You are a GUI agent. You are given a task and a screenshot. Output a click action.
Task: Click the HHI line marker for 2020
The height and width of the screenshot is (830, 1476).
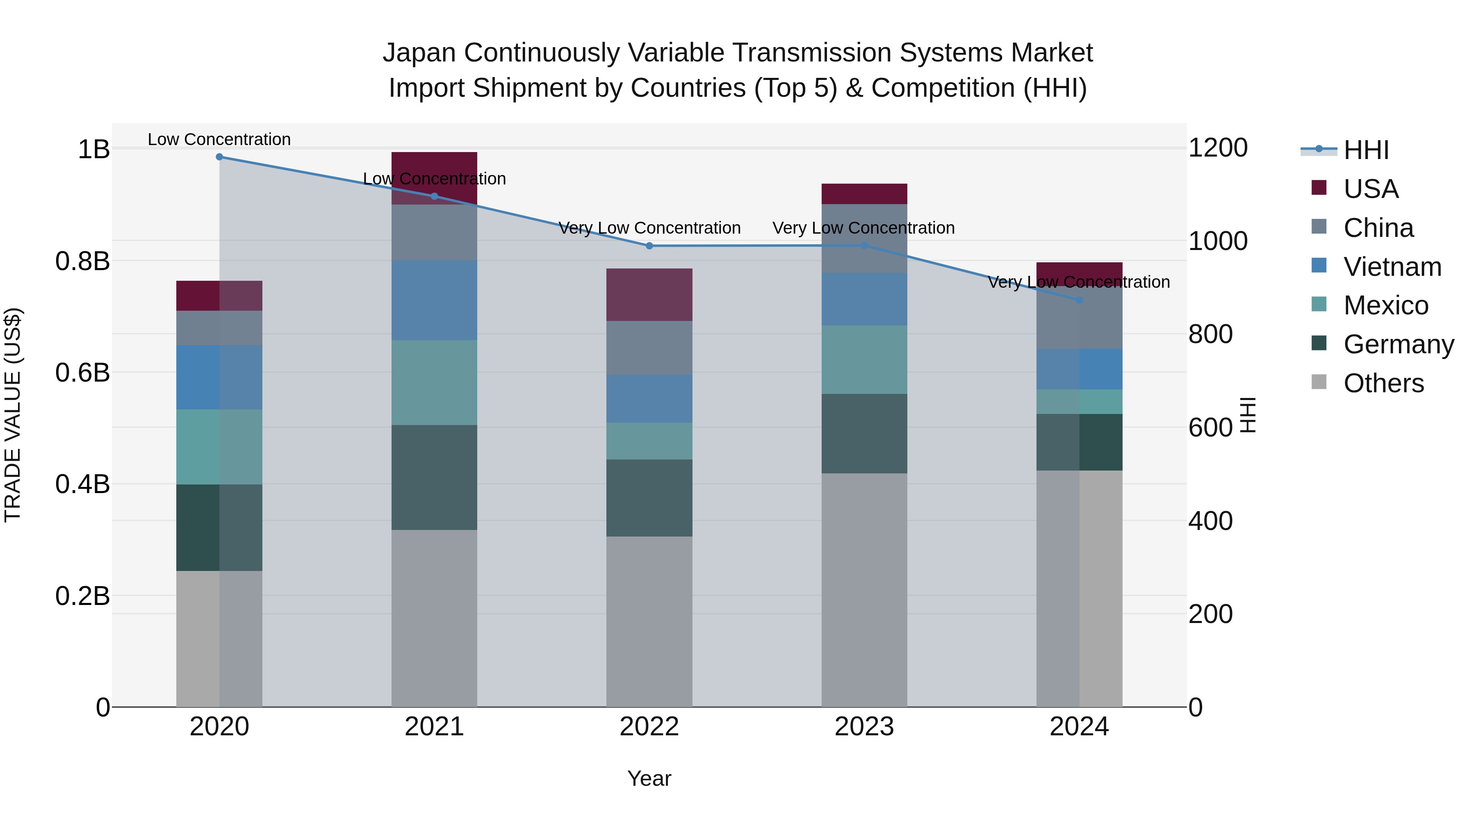tap(219, 157)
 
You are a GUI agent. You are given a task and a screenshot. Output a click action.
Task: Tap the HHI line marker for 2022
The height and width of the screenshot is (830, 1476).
tap(649, 246)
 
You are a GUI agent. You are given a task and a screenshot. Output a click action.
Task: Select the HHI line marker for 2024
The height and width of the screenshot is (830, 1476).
tap(1080, 300)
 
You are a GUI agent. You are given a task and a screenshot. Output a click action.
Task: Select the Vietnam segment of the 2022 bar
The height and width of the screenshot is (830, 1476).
tap(649, 399)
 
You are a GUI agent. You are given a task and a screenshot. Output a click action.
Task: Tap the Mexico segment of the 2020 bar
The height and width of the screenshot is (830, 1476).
tap(219, 447)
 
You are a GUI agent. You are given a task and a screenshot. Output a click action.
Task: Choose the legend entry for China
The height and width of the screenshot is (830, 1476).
tap(1378, 228)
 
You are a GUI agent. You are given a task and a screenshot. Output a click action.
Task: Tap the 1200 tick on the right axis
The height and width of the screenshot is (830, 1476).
tap(1218, 148)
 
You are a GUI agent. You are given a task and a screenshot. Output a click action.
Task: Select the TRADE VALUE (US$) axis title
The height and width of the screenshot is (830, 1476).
tap(13, 415)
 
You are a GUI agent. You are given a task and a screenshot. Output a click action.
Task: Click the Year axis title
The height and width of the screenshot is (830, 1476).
tap(649, 778)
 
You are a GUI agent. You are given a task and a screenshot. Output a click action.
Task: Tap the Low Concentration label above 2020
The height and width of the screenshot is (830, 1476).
tap(219, 139)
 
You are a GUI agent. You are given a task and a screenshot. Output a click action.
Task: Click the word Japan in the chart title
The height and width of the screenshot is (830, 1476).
tap(419, 53)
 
